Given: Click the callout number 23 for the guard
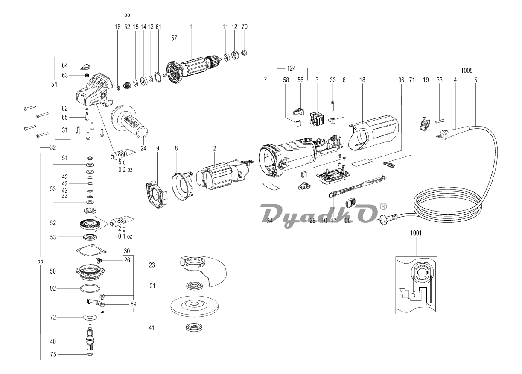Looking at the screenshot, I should coord(152,265).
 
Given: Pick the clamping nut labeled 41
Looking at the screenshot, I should coord(194,328).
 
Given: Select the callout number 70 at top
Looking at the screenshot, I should coord(245,26).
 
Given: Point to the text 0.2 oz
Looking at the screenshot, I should coord(125,170).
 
